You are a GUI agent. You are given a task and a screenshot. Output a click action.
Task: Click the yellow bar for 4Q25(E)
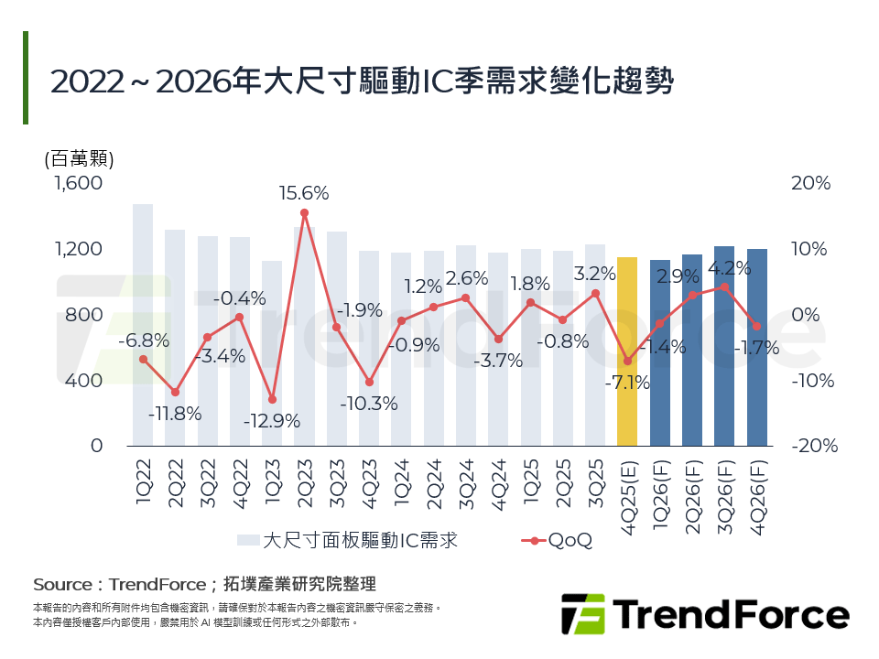627,351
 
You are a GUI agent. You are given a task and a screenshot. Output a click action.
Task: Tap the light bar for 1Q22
143,325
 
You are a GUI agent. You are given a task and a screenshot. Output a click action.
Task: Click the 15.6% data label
305,193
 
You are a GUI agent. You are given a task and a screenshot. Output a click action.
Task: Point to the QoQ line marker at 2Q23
304,213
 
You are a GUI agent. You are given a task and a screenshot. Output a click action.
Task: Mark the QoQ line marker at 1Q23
272,400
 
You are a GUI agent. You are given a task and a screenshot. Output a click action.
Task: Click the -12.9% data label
272,422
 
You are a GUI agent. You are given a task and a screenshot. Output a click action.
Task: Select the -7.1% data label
627,383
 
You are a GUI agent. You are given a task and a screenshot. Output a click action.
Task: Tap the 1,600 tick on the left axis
79,183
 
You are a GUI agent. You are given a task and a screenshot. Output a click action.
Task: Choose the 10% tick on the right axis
811,249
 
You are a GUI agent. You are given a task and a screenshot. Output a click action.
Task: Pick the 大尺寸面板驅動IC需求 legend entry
348,540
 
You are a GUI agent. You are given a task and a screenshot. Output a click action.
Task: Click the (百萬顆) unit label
79,157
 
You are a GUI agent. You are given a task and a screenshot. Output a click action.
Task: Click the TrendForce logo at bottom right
704,613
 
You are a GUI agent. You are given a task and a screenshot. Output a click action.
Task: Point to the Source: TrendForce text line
204,584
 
